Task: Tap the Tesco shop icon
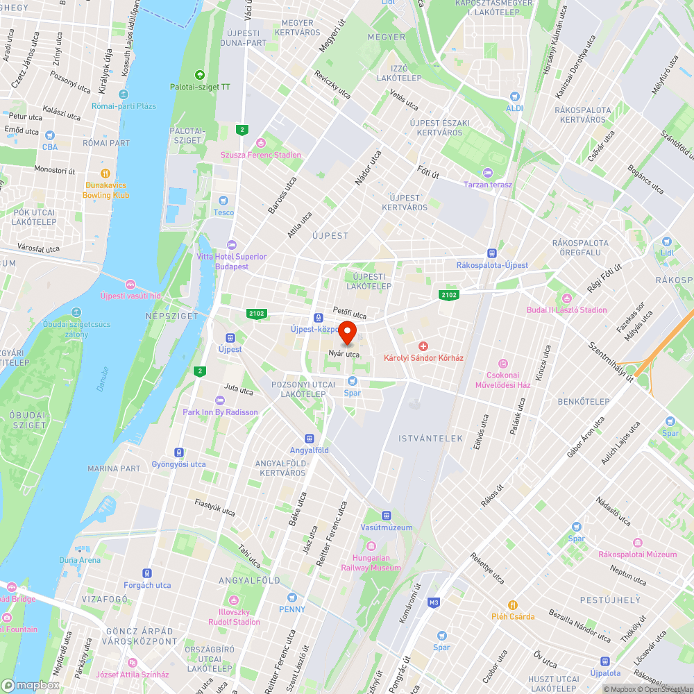point(223,201)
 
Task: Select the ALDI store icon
point(514,97)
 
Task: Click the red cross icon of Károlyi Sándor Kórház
point(423,346)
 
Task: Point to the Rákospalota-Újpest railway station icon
point(492,254)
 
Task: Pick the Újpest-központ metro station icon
point(318,317)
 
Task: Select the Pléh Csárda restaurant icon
point(513,604)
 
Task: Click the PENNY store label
point(292,609)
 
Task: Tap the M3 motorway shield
point(434,602)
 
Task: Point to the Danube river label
point(103,378)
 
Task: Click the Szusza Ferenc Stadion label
point(261,155)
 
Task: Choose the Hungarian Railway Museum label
point(371,563)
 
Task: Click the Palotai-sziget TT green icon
point(200,75)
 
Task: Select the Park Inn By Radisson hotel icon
point(220,400)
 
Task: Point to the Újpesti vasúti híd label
point(130,296)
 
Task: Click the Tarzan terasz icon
point(487,173)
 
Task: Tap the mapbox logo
point(31,684)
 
